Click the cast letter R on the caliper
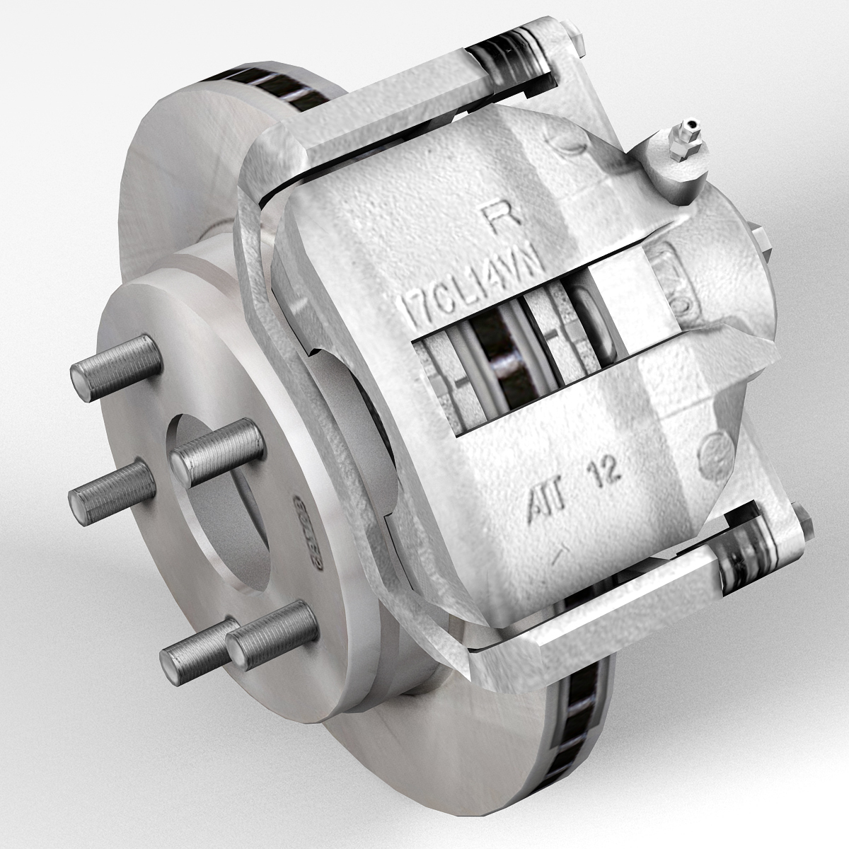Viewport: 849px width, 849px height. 511,214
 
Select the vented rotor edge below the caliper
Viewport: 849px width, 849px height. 573,722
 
